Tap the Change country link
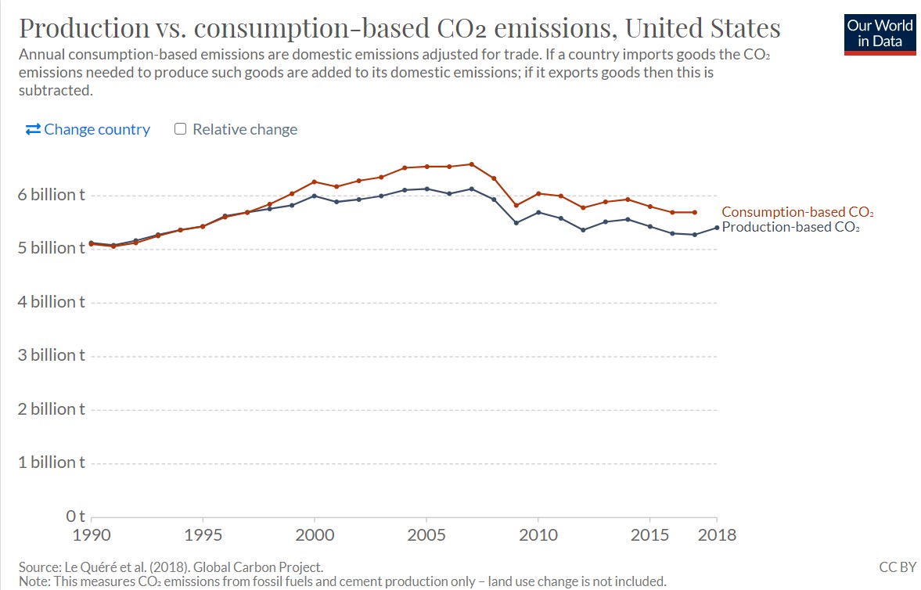(x=88, y=129)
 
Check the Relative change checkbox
(x=180, y=129)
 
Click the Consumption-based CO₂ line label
(x=797, y=212)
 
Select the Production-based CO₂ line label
(x=790, y=228)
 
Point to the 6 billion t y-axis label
(x=52, y=194)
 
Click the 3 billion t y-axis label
(x=52, y=355)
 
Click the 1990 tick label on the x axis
(x=92, y=535)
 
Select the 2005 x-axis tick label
(x=426, y=535)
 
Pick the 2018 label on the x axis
(x=716, y=535)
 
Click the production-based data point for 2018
(x=716, y=228)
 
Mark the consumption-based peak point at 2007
(x=471, y=164)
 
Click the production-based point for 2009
(x=516, y=223)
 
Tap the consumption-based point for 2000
(x=315, y=182)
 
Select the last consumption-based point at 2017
(x=694, y=212)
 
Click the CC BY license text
(x=897, y=567)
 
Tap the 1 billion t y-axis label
(x=52, y=462)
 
